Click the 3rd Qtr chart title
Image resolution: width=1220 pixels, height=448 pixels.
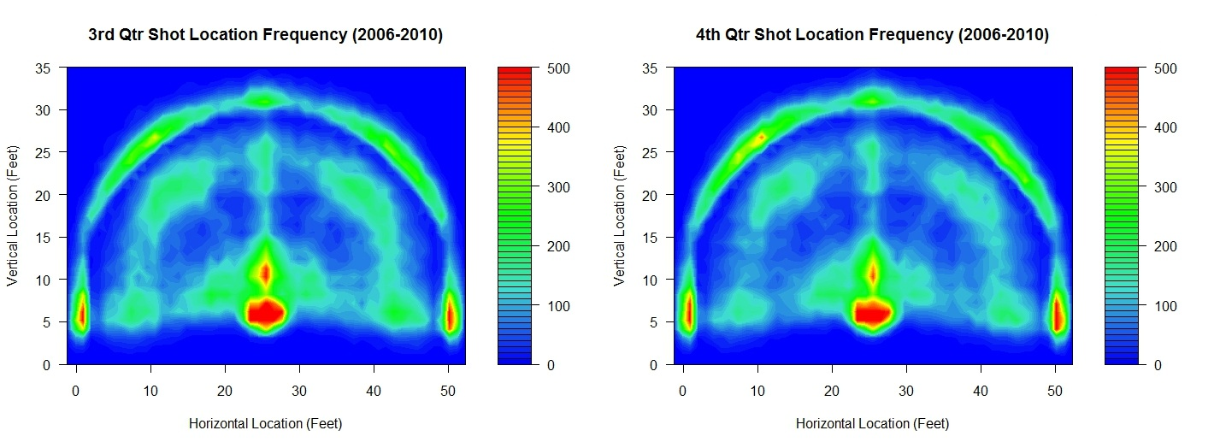coord(265,35)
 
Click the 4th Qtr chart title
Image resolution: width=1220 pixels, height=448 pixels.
coord(872,35)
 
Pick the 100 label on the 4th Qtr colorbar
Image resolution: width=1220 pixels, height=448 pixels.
coord(1164,305)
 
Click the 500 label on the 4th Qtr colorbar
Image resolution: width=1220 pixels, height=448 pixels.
coord(1164,68)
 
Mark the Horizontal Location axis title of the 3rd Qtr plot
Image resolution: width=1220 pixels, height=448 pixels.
coord(265,423)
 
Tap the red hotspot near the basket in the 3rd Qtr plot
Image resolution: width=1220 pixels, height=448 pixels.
coord(266,313)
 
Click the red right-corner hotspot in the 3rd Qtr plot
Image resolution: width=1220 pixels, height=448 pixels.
coord(451,315)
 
